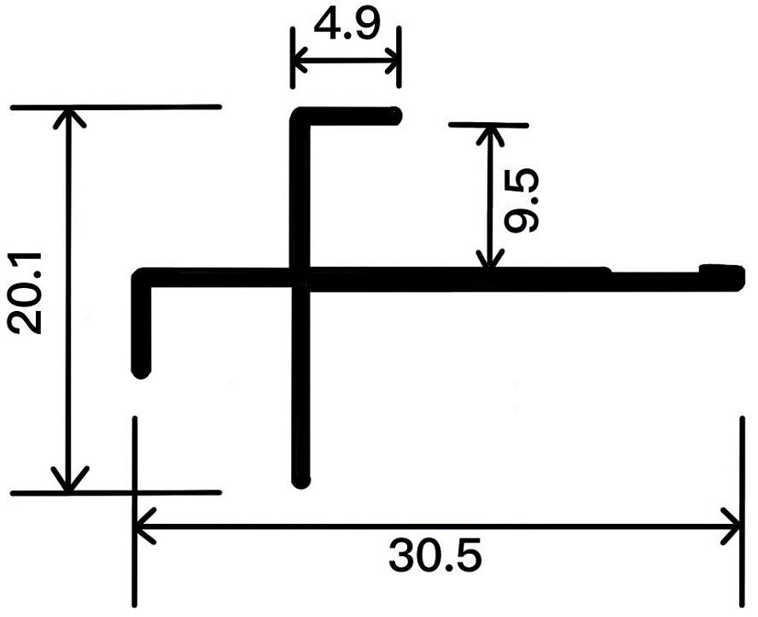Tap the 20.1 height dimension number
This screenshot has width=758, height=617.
[26, 296]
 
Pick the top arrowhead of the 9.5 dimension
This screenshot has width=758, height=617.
[489, 129]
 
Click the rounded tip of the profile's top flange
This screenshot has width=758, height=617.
[395, 115]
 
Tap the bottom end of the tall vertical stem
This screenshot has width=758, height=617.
[300, 480]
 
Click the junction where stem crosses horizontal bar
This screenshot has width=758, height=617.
[300, 279]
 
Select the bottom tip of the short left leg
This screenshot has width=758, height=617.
[142, 371]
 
